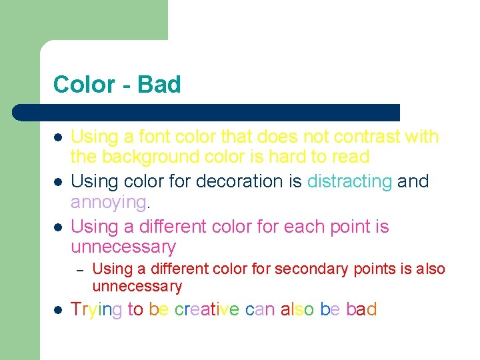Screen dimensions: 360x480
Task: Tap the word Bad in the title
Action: (x=159, y=85)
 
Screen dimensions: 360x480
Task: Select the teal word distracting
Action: (x=349, y=181)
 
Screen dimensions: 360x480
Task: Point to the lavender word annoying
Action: (x=108, y=201)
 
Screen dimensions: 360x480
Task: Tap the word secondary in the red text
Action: (x=311, y=269)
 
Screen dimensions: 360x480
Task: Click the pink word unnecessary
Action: (x=123, y=247)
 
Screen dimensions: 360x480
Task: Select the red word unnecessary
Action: (x=137, y=287)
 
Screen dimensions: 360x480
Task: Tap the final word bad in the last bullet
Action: (x=361, y=309)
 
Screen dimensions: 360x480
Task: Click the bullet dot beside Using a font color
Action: (x=58, y=137)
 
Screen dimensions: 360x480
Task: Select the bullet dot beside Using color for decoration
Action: (x=58, y=182)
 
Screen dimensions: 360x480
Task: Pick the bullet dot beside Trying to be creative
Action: (x=58, y=310)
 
